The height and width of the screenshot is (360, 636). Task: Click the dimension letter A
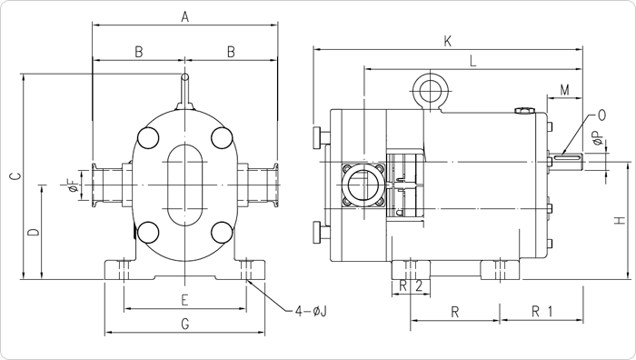185,17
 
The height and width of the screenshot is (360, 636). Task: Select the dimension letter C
15,176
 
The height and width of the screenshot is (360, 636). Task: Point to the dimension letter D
35,232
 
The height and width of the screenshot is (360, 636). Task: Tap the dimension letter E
184,300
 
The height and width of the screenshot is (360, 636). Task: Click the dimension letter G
185,324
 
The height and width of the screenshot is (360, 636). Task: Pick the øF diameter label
73,185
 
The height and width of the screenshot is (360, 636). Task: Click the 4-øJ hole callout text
311,312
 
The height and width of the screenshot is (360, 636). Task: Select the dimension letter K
448,42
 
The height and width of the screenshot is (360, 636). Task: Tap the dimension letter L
473,61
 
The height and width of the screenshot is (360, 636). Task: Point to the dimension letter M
564,90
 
